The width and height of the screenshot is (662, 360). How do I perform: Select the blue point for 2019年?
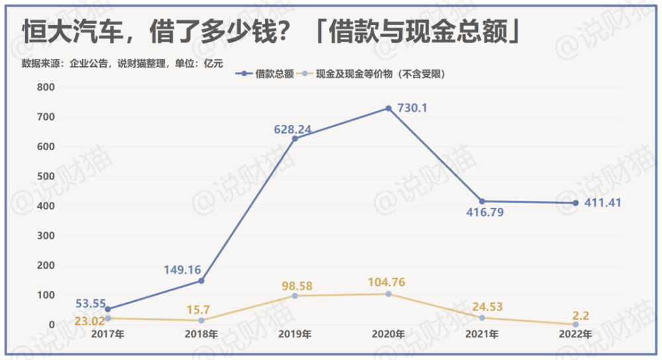pos(295,138)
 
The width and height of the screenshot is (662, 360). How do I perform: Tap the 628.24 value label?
pos(293,128)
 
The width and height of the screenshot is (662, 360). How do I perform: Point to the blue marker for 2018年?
pos(201,281)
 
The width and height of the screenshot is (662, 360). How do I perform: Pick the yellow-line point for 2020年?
pos(388,294)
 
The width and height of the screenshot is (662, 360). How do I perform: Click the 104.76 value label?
pos(387,283)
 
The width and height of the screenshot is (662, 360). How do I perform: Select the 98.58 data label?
pos(295,286)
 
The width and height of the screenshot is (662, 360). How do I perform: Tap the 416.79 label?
pos(482,213)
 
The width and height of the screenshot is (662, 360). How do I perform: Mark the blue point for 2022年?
pos(575,203)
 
